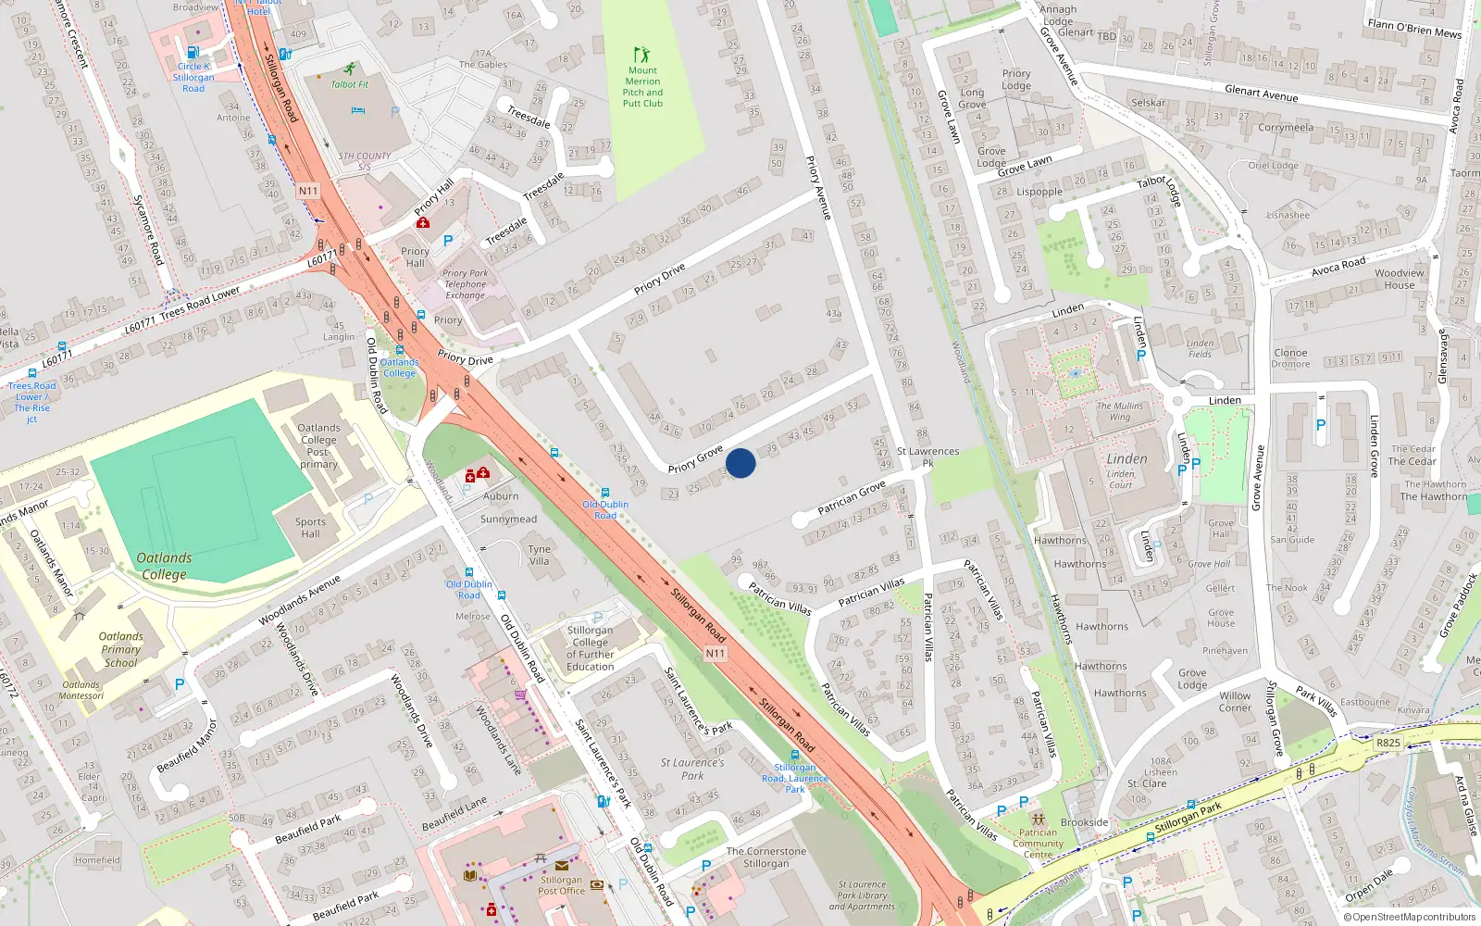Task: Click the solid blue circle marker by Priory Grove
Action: pyautogui.click(x=740, y=463)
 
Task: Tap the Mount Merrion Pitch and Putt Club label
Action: pyautogui.click(x=642, y=87)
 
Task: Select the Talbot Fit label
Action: pyautogui.click(x=350, y=84)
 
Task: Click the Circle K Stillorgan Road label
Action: pyautogui.click(x=193, y=78)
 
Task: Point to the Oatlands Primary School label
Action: pyautogui.click(x=121, y=649)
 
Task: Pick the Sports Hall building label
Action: pyautogui.click(x=310, y=528)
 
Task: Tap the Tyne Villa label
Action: pyautogui.click(x=539, y=555)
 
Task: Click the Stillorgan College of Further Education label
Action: pyautogui.click(x=590, y=648)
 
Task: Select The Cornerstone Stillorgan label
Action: pyautogui.click(x=765, y=857)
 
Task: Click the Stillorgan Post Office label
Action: pyautogui.click(x=561, y=885)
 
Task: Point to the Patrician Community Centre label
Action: pyautogui.click(x=1038, y=843)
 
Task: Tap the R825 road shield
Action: pyautogui.click(x=1388, y=743)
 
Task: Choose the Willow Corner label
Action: pyautogui.click(x=1235, y=702)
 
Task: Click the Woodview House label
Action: pyautogui.click(x=1399, y=279)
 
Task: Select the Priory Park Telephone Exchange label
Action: pyautogui.click(x=465, y=284)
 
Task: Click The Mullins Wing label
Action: pyautogui.click(x=1120, y=411)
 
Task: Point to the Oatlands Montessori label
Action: pyautogui.click(x=81, y=690)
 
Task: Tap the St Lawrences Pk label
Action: pyautogui.click(x=927, y=457)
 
